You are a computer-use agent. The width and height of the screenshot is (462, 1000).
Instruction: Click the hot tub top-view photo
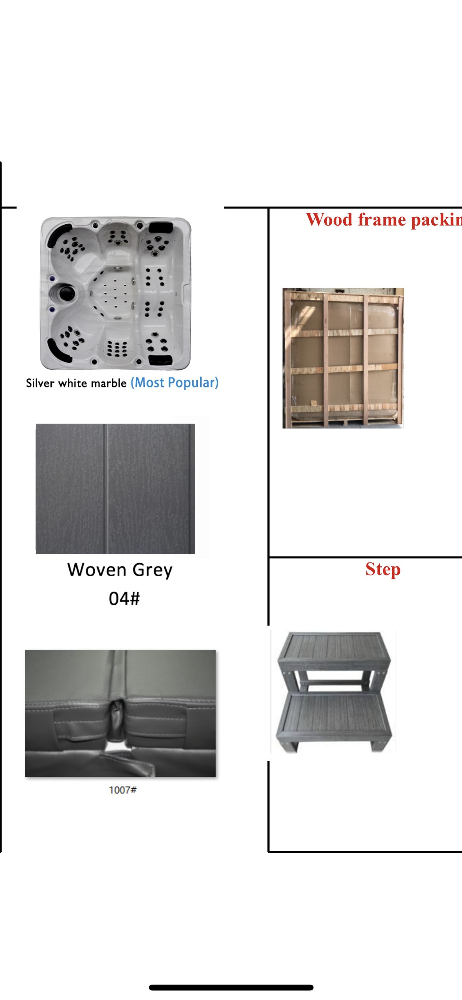[116, 293]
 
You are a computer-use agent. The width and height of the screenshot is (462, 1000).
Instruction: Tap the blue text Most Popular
[175, 383]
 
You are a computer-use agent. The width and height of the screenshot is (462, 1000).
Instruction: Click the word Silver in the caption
[40, 383]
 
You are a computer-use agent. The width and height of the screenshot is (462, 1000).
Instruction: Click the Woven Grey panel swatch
[115, 489]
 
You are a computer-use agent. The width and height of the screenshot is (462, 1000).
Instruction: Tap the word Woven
[97, 570]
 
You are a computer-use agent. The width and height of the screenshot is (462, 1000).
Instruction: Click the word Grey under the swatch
[152, 571]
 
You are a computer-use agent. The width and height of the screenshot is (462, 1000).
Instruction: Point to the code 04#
[124, 599]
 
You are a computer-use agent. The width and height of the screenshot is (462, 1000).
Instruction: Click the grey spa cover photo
[120, 713]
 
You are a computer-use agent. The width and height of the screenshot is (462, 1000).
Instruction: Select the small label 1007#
[123, 790]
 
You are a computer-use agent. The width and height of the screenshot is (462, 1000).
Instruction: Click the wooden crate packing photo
[343, 358]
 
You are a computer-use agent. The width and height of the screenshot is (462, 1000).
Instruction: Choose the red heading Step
[383, 570]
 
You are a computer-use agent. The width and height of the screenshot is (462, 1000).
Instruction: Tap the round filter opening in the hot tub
[66, 293]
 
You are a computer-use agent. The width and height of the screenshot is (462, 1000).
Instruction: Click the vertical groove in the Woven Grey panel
[105, 489]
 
